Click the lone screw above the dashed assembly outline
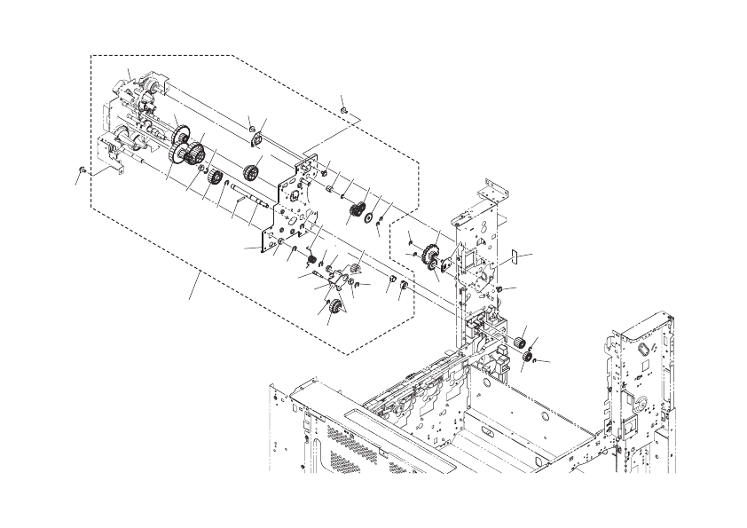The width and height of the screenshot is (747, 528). tap(343, 110)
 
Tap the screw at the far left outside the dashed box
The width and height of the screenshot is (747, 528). tap(82, 167)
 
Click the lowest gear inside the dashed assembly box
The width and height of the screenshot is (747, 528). tap(336, 308)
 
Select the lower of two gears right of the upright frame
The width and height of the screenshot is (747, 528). tap(526, 357)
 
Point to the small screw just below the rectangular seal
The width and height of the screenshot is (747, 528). tap(501, 289)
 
